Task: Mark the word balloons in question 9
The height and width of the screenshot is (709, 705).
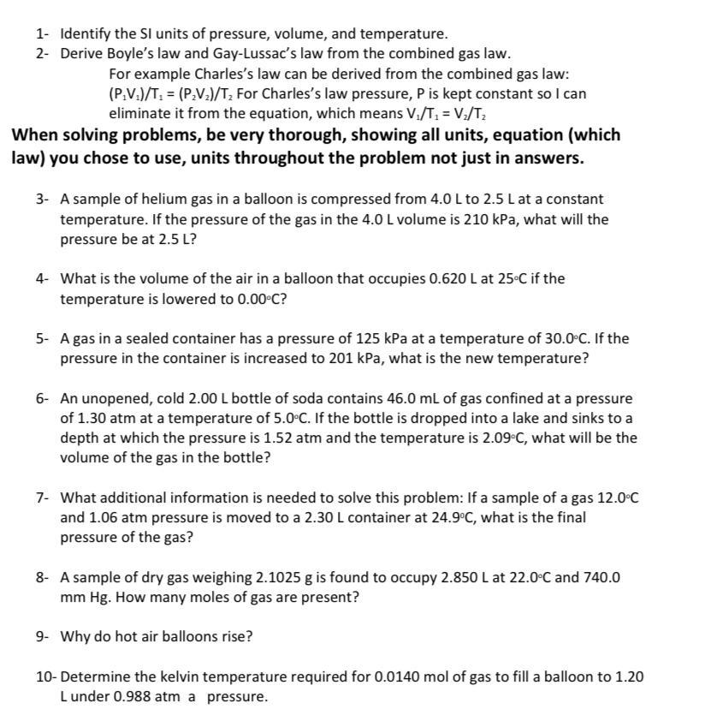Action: click(x=181, y=637)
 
